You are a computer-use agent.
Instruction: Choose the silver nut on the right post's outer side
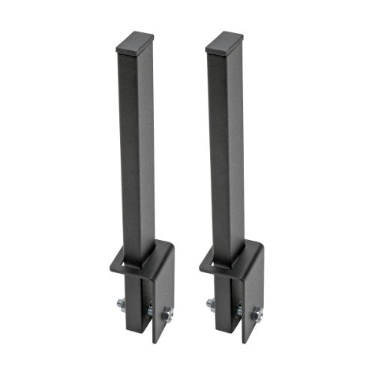pos(211,303)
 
